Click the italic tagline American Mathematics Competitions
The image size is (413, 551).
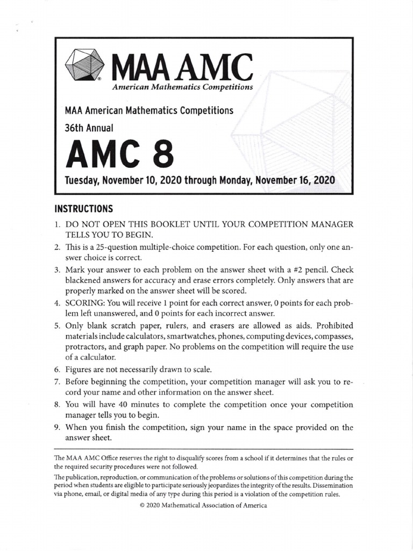click(x=181, y=87)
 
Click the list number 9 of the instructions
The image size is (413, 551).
click(x=58, y=427)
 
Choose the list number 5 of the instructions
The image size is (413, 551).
click(x=58, y=326)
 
